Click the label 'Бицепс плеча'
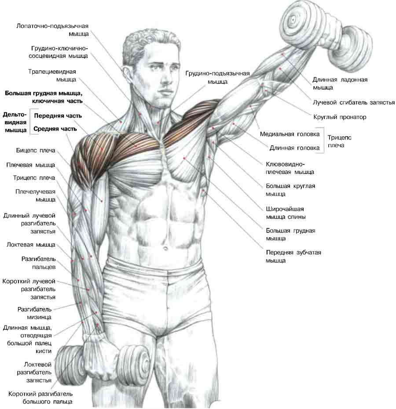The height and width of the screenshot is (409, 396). (x=36, y=151)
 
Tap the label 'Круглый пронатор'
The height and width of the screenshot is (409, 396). (x=340, y=117)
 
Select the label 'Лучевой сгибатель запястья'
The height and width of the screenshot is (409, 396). (x=354, y=102)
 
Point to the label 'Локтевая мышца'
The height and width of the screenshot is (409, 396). (x=31, y=245)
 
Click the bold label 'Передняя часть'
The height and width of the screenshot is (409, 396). (x=58, y=116)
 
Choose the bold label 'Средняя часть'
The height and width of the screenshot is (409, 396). (x=55, y=129)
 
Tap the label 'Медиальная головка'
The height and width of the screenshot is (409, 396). (x=290, y=134)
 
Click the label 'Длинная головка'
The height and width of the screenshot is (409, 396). (x=294, y=148)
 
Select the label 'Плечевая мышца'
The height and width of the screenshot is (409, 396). (x=30, y=165)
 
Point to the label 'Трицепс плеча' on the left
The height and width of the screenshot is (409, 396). (x=34, y=178)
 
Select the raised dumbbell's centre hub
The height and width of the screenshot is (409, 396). (x=293, y=20)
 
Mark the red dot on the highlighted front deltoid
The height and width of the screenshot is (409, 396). (x=102, y=149)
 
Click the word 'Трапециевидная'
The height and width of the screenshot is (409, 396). (x=52, y=72)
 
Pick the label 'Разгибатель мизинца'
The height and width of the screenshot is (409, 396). (x=34, y=313)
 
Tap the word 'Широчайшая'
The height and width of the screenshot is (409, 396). (x=285, y=209)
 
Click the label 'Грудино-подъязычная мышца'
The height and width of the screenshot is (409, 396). (x=217, y=77)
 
